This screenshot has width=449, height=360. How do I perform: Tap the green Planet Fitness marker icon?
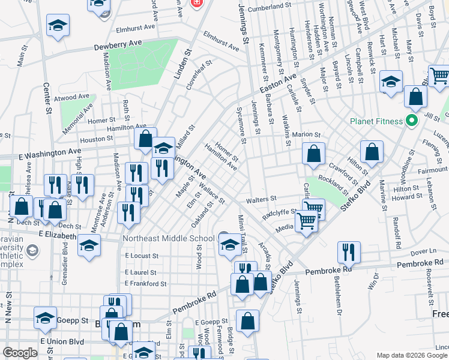coord(411,122)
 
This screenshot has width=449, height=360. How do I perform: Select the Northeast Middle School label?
coord(168,238)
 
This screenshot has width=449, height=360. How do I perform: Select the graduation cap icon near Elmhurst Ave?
coord(58,26)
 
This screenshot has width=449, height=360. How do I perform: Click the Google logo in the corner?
coord(20,352)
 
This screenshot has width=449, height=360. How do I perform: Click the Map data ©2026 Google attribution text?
coord(412,355)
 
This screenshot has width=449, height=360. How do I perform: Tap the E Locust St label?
coord(142,256)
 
